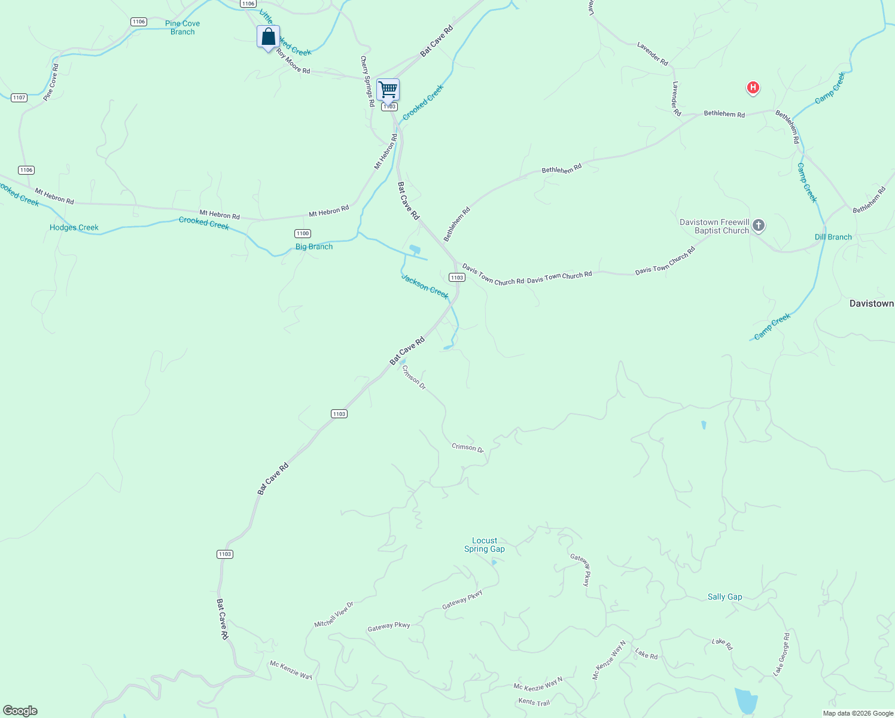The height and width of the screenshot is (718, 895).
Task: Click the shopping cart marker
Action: click(388, 90)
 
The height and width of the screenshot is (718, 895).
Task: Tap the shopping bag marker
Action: click(268, 37)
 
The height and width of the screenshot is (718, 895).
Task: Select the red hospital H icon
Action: click(753, 88)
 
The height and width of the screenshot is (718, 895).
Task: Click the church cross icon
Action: click(759, 226)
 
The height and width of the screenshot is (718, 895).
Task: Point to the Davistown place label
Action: click(871, 303)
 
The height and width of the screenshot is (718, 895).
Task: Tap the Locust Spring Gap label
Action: click(485, 544)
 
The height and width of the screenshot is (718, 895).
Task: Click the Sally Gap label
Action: click(724, 597)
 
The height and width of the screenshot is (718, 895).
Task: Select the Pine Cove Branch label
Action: click(182, 28)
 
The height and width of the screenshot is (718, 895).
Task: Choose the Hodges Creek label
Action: click(74, 227)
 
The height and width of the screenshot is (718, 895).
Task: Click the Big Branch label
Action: click(314, 247)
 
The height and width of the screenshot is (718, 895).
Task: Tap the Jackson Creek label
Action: click(425, 287)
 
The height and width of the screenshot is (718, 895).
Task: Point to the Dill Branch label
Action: click(833, 237)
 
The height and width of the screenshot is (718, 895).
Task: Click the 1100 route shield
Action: click(303, 233)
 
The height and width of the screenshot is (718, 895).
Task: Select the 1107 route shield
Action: click(19, 98)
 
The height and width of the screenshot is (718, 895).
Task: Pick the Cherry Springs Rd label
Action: click(367, 81)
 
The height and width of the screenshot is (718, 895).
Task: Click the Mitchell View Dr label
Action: click(334, 614)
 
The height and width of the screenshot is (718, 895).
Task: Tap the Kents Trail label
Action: click(534, 702)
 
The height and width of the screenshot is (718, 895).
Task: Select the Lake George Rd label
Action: click(782, 654)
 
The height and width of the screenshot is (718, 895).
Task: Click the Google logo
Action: click(20, 711)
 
